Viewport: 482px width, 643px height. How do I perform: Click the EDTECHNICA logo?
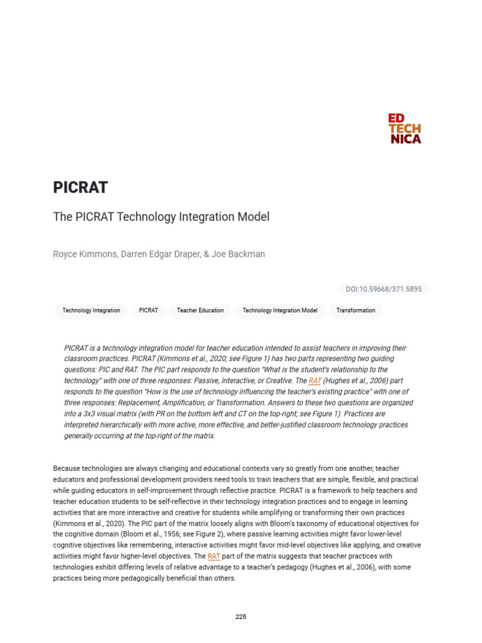point(405,129)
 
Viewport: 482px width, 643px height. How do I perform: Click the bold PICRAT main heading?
point(80,188)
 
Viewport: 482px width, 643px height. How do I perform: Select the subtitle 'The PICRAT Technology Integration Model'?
point(161,217)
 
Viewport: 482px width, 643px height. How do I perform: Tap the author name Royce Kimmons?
point(85,254)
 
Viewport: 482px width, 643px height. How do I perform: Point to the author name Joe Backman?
point(239,254)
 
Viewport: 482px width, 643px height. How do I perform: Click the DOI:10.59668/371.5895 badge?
point(383,289)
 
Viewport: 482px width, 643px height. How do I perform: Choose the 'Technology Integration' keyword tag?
point(91,311)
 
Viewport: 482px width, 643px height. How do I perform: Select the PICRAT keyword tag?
point(149,311)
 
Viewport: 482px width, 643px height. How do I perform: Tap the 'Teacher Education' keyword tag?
point(200,311)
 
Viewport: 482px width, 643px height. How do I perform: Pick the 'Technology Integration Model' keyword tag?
point(280,311)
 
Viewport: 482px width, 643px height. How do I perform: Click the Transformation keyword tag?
point(355,311)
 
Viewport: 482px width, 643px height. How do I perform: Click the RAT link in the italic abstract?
point(314,381)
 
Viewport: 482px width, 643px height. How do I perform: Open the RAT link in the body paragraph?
point(213,556)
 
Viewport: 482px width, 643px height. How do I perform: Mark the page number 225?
point(241,617)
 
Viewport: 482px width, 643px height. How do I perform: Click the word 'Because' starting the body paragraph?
point(68,469)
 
